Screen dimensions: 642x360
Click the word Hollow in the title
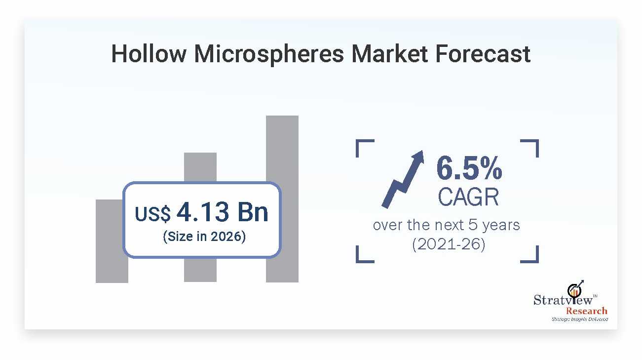[x=149, y=54]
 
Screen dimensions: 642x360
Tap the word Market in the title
[x=389, y=54]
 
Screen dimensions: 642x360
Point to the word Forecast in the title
[x=483, y=54]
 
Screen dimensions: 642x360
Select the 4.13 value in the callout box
[x=203, y=212]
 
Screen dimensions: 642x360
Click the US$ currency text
[x=152, y=214]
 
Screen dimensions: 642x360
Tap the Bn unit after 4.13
[x=253, y=212]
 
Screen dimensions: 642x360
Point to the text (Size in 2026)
[x=204, y=237]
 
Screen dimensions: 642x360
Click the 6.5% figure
[x=469, y=168]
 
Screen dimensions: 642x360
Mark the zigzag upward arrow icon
[x=403, y=179]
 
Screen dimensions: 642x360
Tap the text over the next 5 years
[x=446, y=225]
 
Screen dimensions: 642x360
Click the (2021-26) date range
[x=449, y=244]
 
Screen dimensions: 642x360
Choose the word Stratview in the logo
[x=563, y=300]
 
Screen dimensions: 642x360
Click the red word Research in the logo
[x=586, y=311]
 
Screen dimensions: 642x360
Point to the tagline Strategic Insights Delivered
[x=579, y=320]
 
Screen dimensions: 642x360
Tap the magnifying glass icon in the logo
[x=575, y=290]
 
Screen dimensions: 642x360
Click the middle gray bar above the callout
[x=200, y=166]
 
